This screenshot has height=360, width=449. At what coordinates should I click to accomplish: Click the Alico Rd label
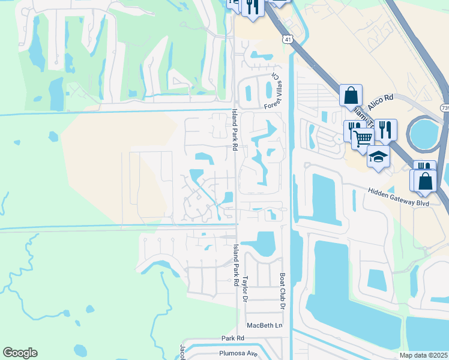coord(380,102)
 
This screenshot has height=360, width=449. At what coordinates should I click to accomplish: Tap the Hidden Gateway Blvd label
coord(399,197)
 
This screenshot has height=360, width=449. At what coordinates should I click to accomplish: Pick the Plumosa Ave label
coord(238,353)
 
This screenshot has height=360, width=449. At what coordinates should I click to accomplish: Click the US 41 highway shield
coord(288,39)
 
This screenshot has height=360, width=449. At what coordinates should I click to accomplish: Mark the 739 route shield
coord(444,108)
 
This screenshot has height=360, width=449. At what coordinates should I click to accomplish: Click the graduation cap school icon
coord(378,157)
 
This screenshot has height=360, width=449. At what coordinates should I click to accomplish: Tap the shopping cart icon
coord(362,139)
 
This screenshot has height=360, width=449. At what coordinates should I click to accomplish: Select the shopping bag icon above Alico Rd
coord(351,95)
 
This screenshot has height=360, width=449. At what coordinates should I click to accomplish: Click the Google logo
coord(20,353)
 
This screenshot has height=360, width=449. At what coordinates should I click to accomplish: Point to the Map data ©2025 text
coord(424,355)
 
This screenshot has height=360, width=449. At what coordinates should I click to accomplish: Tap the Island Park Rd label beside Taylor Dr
coord(236,265)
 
